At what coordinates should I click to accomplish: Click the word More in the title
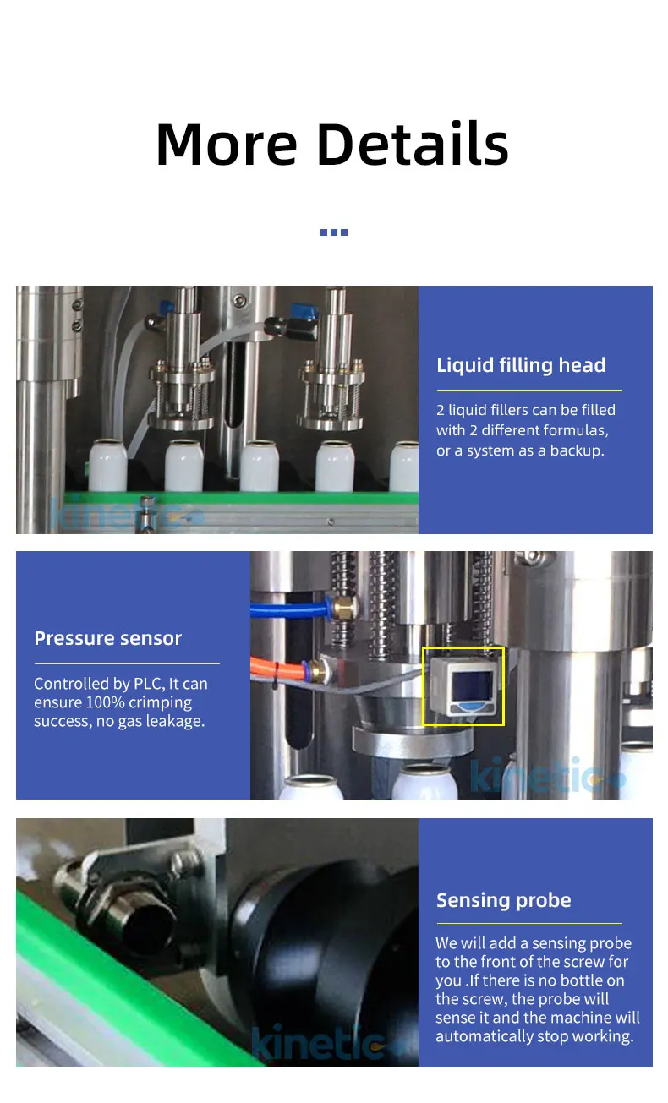(x=227, y=144)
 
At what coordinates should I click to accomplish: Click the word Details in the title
(x=413, y=144)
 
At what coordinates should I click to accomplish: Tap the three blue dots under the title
(x=334, y=232)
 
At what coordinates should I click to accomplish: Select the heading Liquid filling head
(x=521, y=365)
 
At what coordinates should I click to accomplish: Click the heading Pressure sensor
(x=108, y=638)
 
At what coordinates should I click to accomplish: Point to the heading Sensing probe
(x=503, y=900)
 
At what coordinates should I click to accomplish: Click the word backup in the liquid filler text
(x=578, y=450)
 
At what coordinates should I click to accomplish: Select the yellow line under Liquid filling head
(x=528, y=391)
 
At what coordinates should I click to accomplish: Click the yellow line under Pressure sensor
(x=127, y=664)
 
